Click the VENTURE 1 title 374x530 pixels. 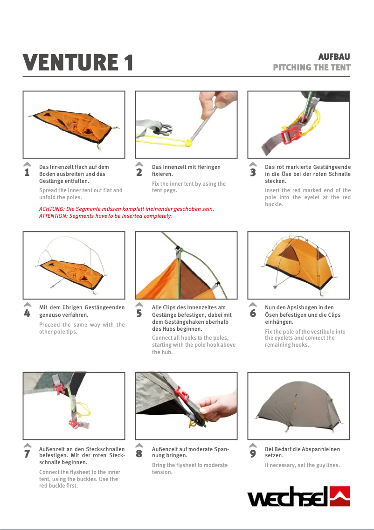click(x=78, y=63)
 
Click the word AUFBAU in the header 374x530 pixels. click(x=334, y=56)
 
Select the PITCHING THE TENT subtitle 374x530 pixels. click(x=312, y=67)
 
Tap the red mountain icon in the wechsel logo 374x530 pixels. click(x=339, y=496)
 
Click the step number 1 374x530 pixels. click(x=27, y=172)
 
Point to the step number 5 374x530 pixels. click(x=139, y=314)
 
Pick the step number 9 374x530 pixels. click(x=253, y=453)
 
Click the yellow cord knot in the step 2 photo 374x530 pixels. click(x=188, y=143)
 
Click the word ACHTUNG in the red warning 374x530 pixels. click(x=51, y=209)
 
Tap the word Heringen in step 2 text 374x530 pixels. click(x=209, y=167)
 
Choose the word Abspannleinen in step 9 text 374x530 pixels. click(x=322, y=449)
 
